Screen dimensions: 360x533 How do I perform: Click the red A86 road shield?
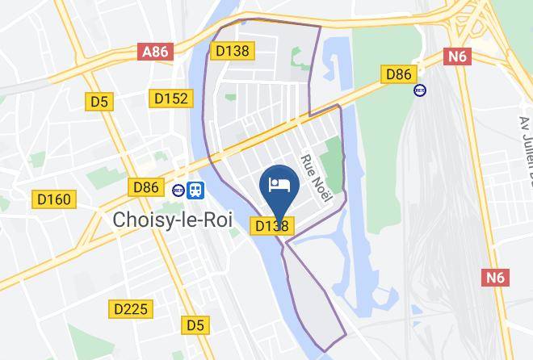tap(155, 52)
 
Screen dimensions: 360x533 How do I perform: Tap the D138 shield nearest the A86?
tap(233, 51)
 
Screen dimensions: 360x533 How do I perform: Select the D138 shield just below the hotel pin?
tap(272, 227)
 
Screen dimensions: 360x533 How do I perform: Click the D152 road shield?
tap(170, 98)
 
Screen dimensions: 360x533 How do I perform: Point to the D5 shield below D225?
tap(195, 325)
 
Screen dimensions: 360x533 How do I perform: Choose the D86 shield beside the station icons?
tap(146, 187)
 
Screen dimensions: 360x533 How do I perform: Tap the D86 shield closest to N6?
tap(398, 74)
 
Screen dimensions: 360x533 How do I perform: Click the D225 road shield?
tap(130, 308)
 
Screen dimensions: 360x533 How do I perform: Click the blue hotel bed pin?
tap(279, 186)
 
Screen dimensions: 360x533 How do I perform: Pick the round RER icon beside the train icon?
tap(178, 190)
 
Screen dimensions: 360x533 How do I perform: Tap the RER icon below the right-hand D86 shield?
tap(420, 90)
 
